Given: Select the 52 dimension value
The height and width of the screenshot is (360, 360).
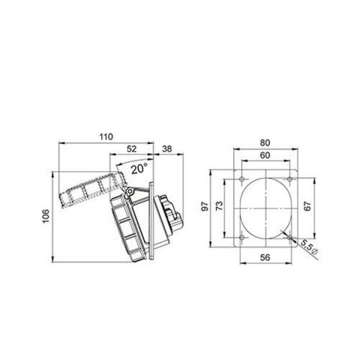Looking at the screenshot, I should pos(133,148).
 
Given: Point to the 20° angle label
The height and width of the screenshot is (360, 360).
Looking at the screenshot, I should pos(138,169).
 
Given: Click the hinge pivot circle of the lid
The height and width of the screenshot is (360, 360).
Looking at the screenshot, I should pos(128,193).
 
